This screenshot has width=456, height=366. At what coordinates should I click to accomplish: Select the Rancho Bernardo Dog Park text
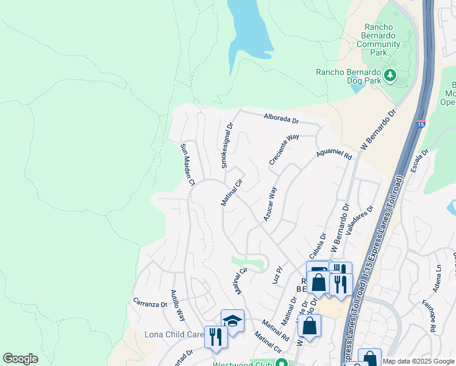pos(347,73)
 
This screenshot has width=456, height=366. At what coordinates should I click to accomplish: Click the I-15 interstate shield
pos(421,124)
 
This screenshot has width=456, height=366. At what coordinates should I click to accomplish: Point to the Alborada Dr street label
pos(280,120)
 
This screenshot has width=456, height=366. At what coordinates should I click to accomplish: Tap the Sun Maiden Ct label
pos(187,165)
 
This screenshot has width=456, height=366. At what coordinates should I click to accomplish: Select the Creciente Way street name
pos(284,149)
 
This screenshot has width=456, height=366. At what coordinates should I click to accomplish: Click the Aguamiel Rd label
pos(334,153)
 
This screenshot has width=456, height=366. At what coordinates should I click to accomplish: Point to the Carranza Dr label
pos(150,303)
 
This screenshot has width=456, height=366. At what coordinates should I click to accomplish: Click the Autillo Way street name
pos(177,306)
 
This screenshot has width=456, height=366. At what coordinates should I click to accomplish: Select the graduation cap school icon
pos(232,320)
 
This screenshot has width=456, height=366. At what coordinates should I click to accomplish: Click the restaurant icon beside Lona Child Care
pos(215,336)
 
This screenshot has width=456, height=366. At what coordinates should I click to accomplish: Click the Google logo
pos(20,358)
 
